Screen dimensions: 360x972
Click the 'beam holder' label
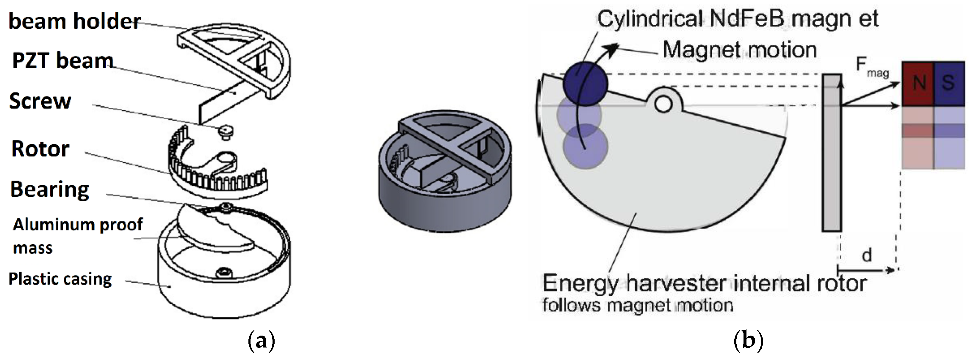[x=74, y=21]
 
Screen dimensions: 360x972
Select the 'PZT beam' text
[x=63, y=60]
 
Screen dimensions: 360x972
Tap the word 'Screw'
[x=40, y=101]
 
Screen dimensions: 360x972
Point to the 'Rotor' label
[x=40, y=149]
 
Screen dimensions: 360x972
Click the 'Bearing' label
[x=50, y=190]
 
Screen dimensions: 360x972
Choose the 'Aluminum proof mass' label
[x=77, y=236]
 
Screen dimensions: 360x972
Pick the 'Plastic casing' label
[x=60, y=279]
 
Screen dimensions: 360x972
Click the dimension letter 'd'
[x=867, y=256]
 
